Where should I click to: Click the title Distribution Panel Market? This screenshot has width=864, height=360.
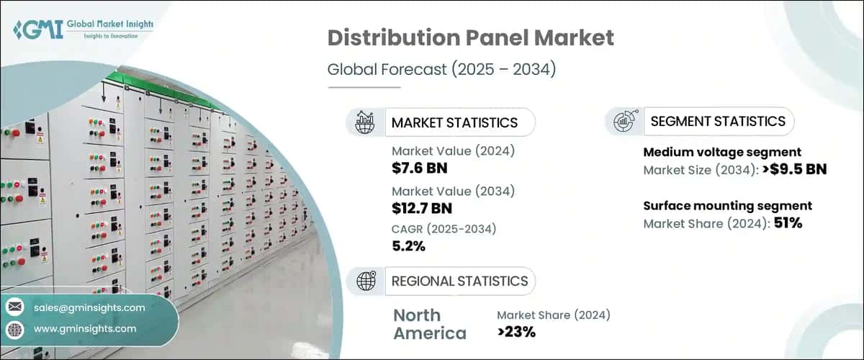pos(472,39)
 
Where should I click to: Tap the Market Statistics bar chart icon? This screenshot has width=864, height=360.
pos(365,122)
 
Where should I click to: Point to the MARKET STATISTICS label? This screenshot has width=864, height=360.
pos(454,122)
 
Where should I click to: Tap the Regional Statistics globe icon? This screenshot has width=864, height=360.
pos(365,281)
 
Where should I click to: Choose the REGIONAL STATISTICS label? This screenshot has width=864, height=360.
pos(459,281)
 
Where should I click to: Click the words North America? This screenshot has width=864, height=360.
pos(429,324)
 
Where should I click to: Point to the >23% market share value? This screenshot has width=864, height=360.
pos(516,332)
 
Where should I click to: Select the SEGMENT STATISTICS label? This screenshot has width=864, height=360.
pos(717,121)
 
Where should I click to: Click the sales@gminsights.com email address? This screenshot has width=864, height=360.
pos(89,307)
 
